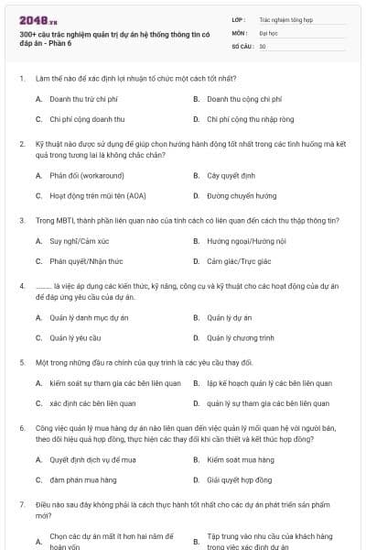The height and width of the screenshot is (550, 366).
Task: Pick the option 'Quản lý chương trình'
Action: pos(240,338)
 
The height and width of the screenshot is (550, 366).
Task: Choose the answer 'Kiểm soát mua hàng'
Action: pos(240,458)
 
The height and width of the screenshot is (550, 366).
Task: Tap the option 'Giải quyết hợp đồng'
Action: pos(240,479)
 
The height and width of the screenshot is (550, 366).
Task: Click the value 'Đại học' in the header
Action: pos(268,31)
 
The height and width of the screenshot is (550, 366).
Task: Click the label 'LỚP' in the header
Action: pos(238,18)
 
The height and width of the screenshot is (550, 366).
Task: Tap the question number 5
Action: pos(21,362)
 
